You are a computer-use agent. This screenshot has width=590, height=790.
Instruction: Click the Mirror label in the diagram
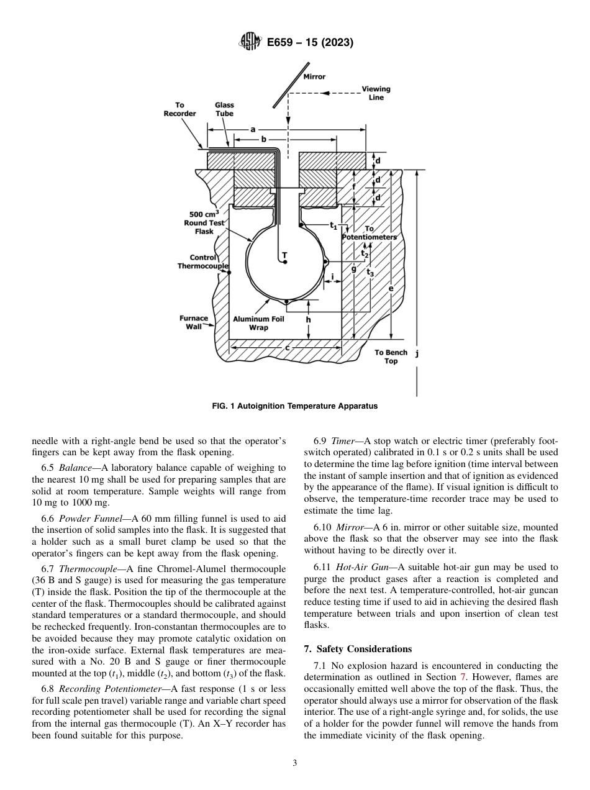314,77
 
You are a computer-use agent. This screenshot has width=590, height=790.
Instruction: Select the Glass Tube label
224,109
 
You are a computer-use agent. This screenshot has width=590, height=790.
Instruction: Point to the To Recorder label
179,109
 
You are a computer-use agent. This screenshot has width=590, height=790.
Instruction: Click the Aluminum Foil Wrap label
258,323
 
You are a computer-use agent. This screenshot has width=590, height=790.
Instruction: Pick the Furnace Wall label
194,322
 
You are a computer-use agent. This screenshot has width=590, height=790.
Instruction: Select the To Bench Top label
391,356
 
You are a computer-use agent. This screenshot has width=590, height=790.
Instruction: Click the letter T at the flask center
284,255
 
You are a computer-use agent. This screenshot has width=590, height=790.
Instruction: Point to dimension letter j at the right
417,353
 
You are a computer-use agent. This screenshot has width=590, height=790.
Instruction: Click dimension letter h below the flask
308,320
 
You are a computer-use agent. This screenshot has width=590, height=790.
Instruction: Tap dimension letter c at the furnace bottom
287,348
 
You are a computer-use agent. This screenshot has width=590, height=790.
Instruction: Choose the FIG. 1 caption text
294,406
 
